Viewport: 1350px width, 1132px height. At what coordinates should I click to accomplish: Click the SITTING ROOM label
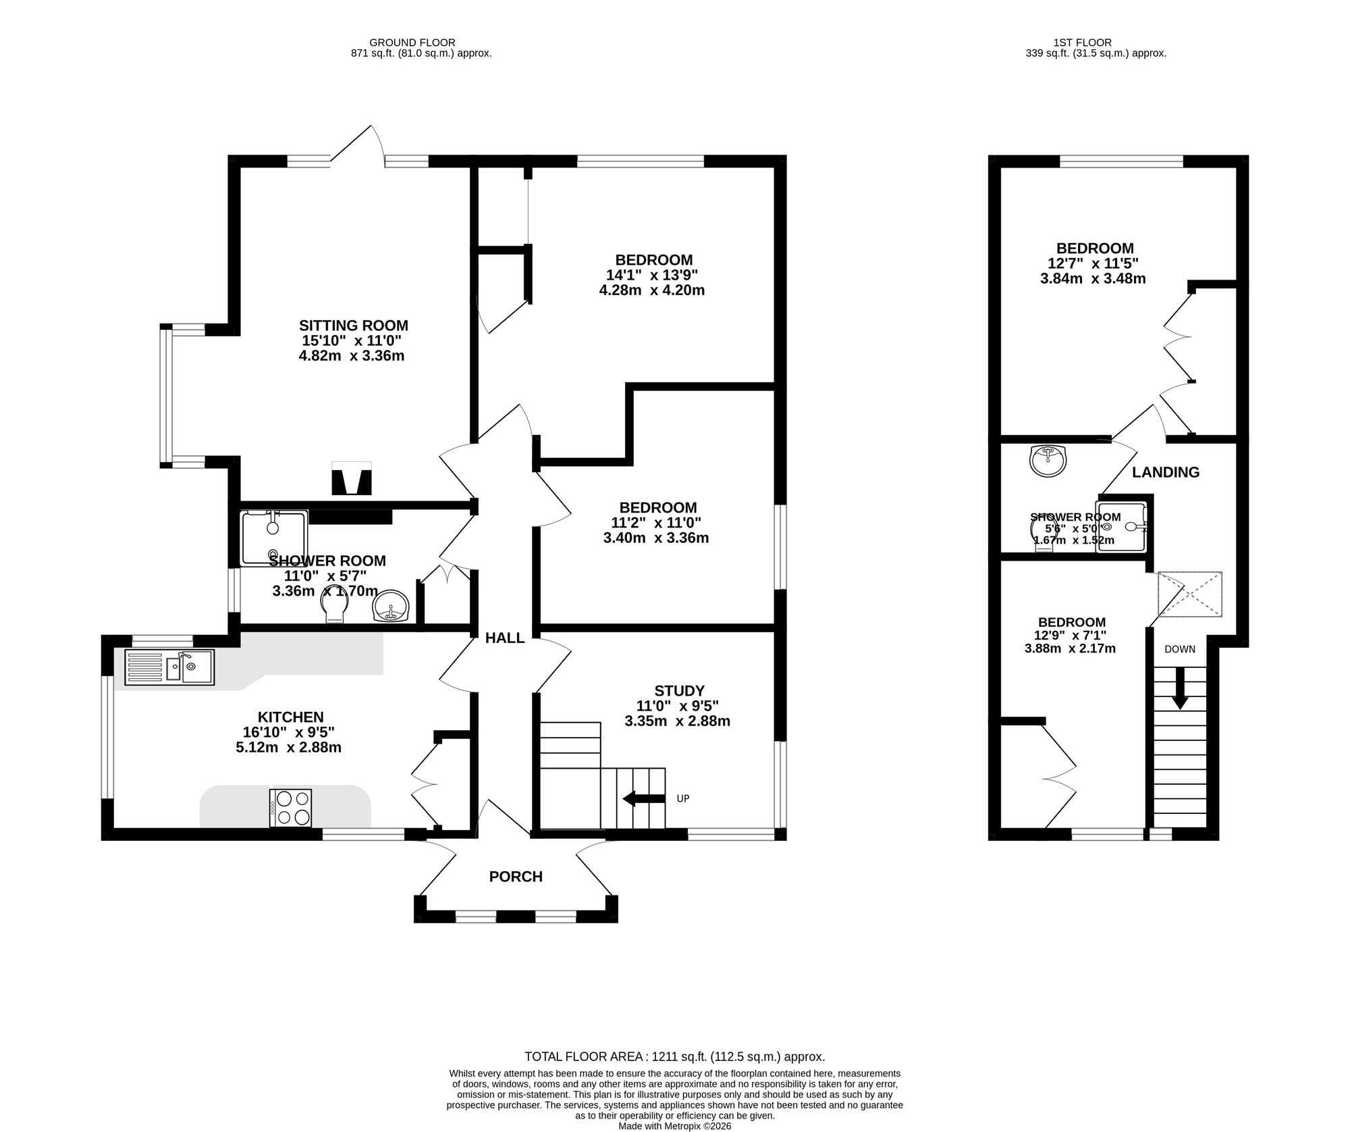(x=354, y=326)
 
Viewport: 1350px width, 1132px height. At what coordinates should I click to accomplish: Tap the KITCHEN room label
(x=291, y=717)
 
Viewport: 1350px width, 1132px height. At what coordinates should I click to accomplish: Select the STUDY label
(x=680, y=691)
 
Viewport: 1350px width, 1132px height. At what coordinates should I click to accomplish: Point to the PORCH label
(x=516, y=877)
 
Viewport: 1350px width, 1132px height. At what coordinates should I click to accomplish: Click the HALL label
(x=505, y=638)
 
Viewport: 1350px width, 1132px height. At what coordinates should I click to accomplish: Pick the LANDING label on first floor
(x=1166, y=473)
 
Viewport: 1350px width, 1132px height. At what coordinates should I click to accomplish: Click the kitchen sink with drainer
(x=169, y=668)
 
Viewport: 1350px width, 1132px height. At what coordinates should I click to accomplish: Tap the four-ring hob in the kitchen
(x=291, y=808)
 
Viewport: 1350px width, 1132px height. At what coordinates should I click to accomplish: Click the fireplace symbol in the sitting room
(x=352, y=478)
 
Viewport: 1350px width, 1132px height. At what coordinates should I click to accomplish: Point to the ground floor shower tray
(x=275, y=538)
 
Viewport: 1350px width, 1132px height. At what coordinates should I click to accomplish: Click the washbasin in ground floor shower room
(x=391, y=606)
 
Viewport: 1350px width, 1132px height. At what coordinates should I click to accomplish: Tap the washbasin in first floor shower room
(x=1048, y=461)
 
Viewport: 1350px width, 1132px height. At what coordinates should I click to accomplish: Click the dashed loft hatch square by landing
(x=1190, y=594)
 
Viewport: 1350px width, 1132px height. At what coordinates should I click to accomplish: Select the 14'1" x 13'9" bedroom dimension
(x=652, y=276)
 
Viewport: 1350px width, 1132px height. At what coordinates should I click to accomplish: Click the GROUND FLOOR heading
(x=421, y=42)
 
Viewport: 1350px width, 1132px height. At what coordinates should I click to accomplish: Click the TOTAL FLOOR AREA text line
(x=675, y=1057)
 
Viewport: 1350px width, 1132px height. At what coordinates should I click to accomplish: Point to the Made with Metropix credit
(x=675, y=1127)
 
